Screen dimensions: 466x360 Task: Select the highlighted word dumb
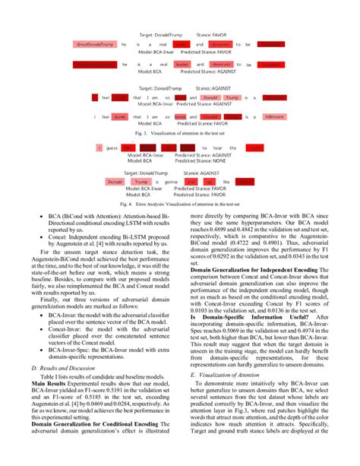(118, 116)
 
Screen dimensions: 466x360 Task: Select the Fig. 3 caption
(179, 132)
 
